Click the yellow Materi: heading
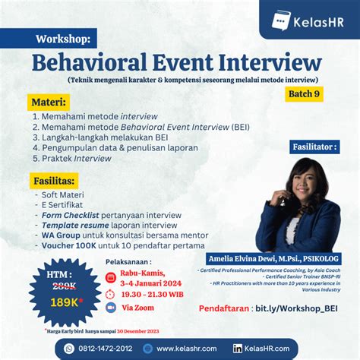point(50,101)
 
